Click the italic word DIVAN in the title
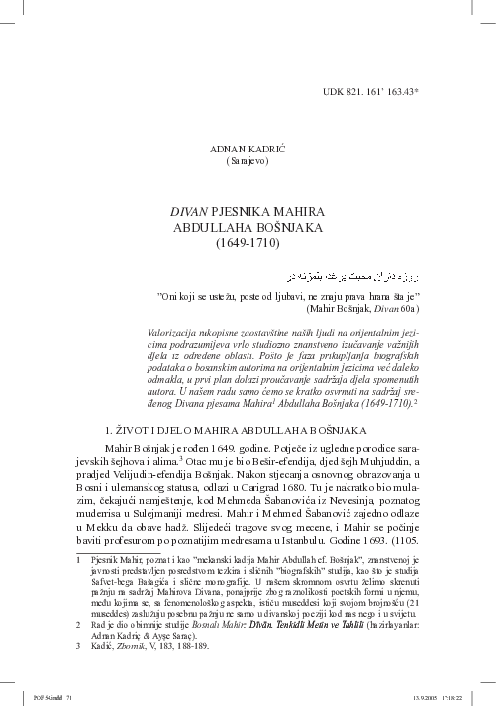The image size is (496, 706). (x=191, y=211)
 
